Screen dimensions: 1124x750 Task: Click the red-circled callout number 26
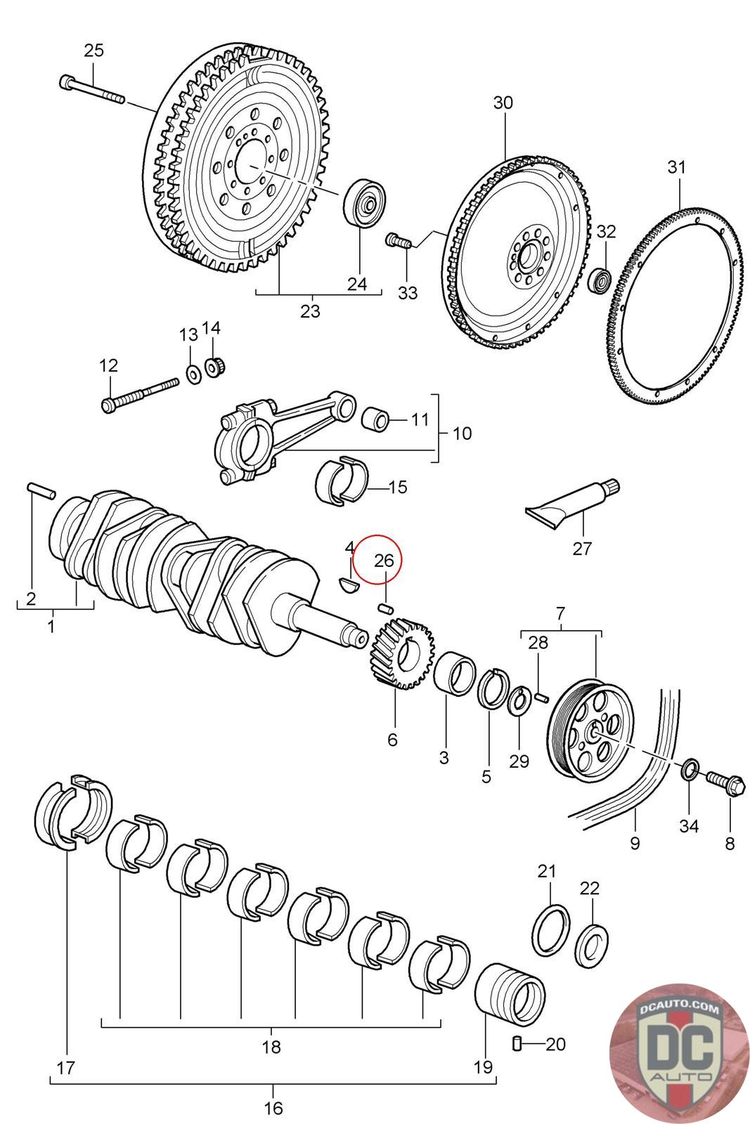[x=384, y=561]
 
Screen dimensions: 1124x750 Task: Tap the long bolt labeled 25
[x=91, y=90]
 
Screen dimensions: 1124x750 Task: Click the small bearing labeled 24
[x=365, y=203]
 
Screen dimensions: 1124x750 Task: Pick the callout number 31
[x=675, y=167]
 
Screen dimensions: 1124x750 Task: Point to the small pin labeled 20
[x=517, y=1044]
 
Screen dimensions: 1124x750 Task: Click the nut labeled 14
[x=214, y=367]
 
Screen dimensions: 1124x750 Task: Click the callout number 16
[x=273, y=1108]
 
